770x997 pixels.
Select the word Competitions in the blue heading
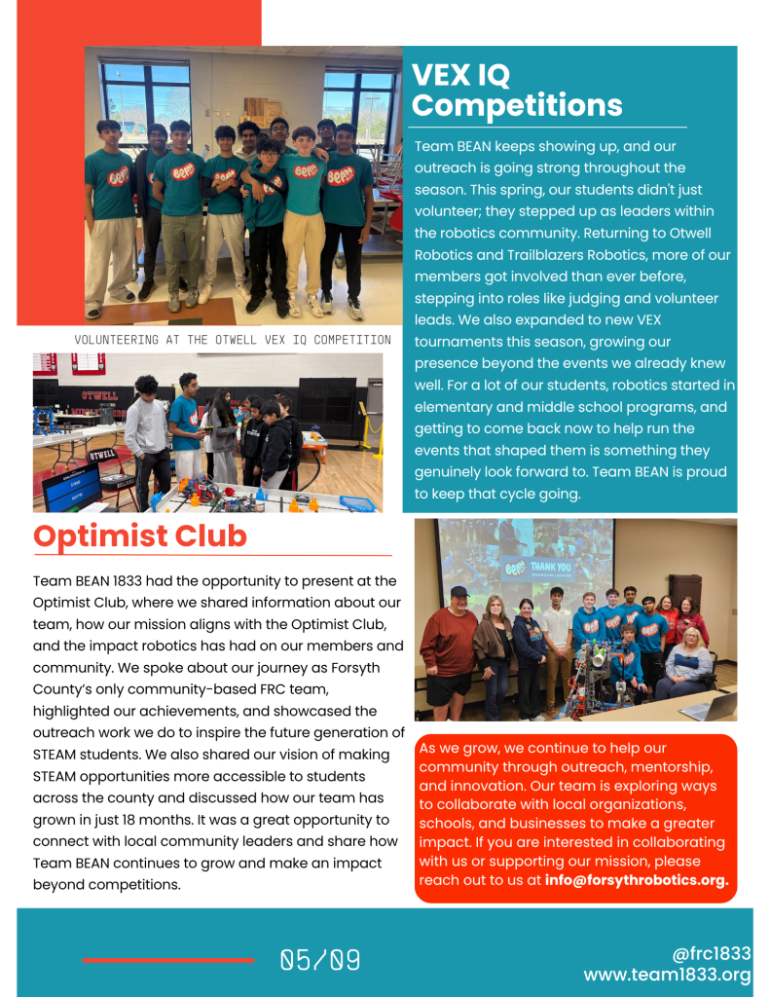click(x=516, y=105)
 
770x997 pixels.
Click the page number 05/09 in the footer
click(x=320, y=961)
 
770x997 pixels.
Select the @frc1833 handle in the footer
click(x=712, y=954)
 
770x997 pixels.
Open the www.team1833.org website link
click(x=667, y=976)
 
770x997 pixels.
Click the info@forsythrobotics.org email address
click(x=637, y=881)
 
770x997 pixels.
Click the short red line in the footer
click(x=167, y=961)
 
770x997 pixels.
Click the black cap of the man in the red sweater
click(x=459, y=591)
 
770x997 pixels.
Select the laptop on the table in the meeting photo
click(x=707, y=707)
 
